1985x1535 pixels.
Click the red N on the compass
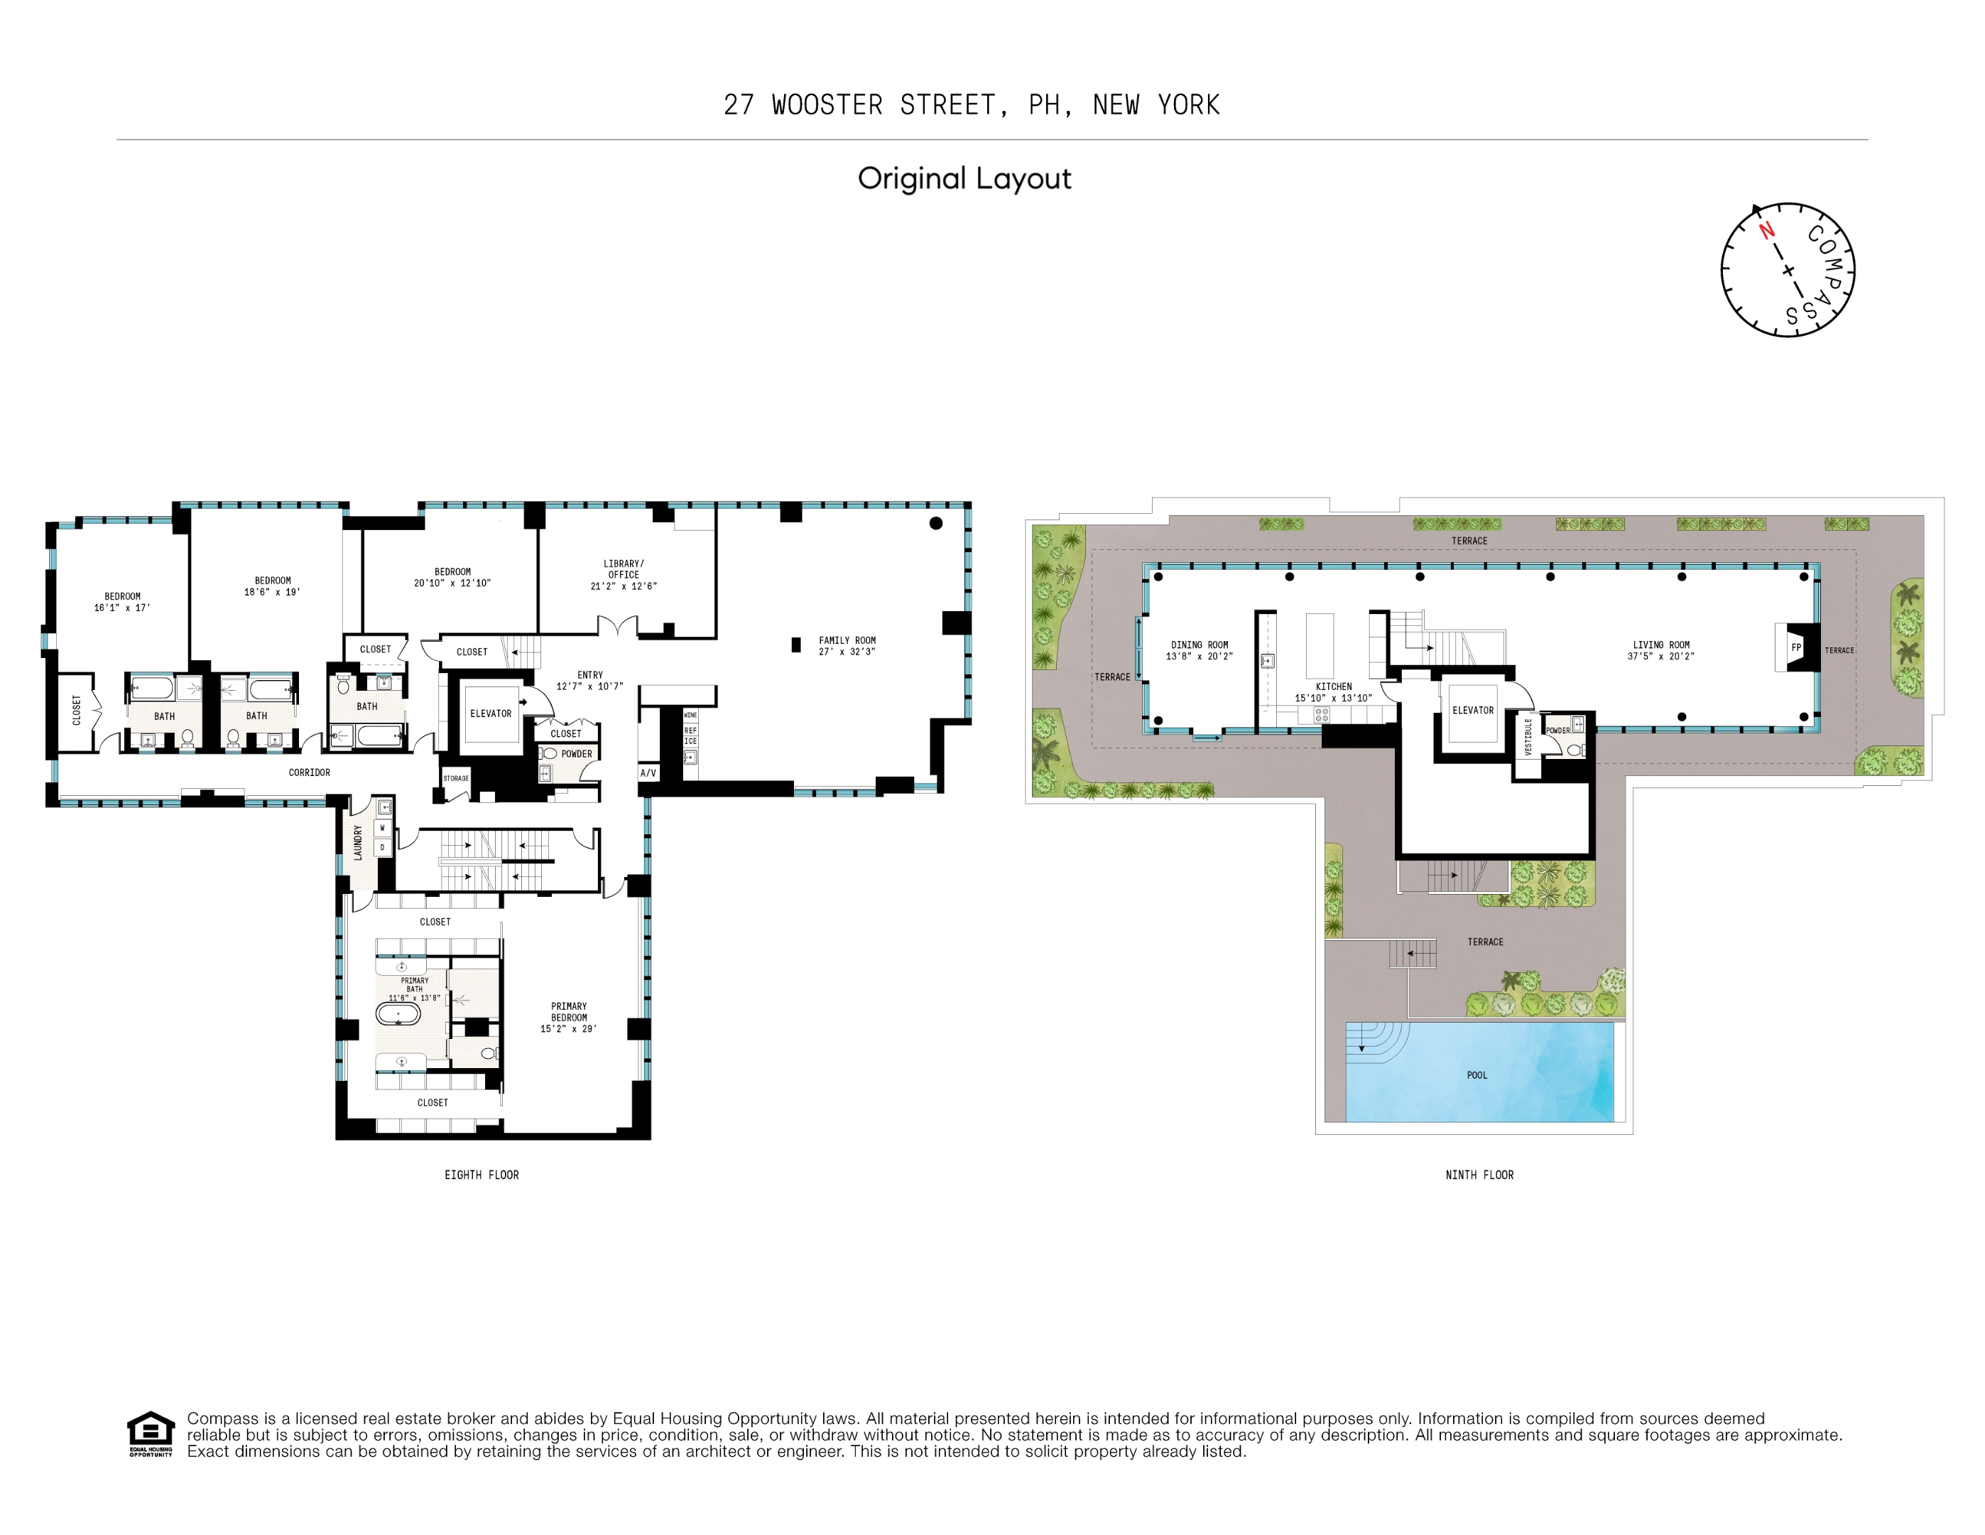[1766, 230]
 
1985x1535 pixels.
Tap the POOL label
[1477, 1075]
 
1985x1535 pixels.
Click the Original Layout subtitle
[964, 178]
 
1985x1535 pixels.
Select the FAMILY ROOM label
[847, 640]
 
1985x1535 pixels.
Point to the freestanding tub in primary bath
[398, 1013]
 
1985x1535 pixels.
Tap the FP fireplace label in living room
[1796, 647]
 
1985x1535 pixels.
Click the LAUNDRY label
[358, 842]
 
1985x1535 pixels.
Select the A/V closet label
[648, 773]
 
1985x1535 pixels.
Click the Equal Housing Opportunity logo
[150, 1433]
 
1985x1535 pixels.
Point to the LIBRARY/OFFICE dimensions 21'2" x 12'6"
[624, 586]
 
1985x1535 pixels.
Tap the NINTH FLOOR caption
[1479, 1175]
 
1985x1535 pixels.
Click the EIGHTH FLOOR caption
[482, 1175]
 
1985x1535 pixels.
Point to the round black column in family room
[936, 523]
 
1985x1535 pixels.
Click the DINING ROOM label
[1199, 645]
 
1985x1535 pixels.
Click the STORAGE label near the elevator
[456, 778]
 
